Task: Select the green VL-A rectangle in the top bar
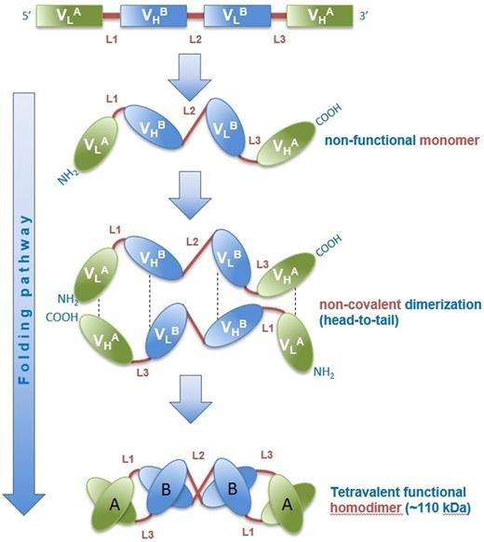tap(64, 17)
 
